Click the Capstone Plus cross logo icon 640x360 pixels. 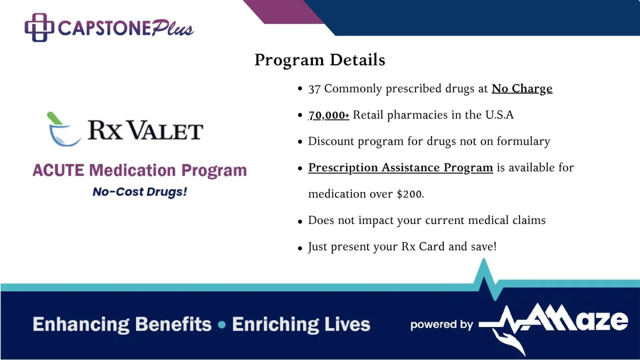click(39, 27)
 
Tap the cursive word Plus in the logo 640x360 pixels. click(173, 28)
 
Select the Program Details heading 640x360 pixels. click(319, 60)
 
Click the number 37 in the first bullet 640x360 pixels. click(314, 89)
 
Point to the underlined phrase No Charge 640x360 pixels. click(522, 89)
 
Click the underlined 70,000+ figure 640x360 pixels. click(329, 115)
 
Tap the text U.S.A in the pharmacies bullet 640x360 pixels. click(499, 115)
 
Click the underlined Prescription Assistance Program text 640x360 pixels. click(401, 167)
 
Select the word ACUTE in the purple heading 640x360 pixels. click(58, 170)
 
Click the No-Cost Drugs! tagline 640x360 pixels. click(140, 191)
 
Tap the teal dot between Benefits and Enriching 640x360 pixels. click(222, 325)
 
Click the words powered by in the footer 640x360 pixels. click(442, 325)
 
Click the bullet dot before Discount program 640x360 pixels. click(300, 142)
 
